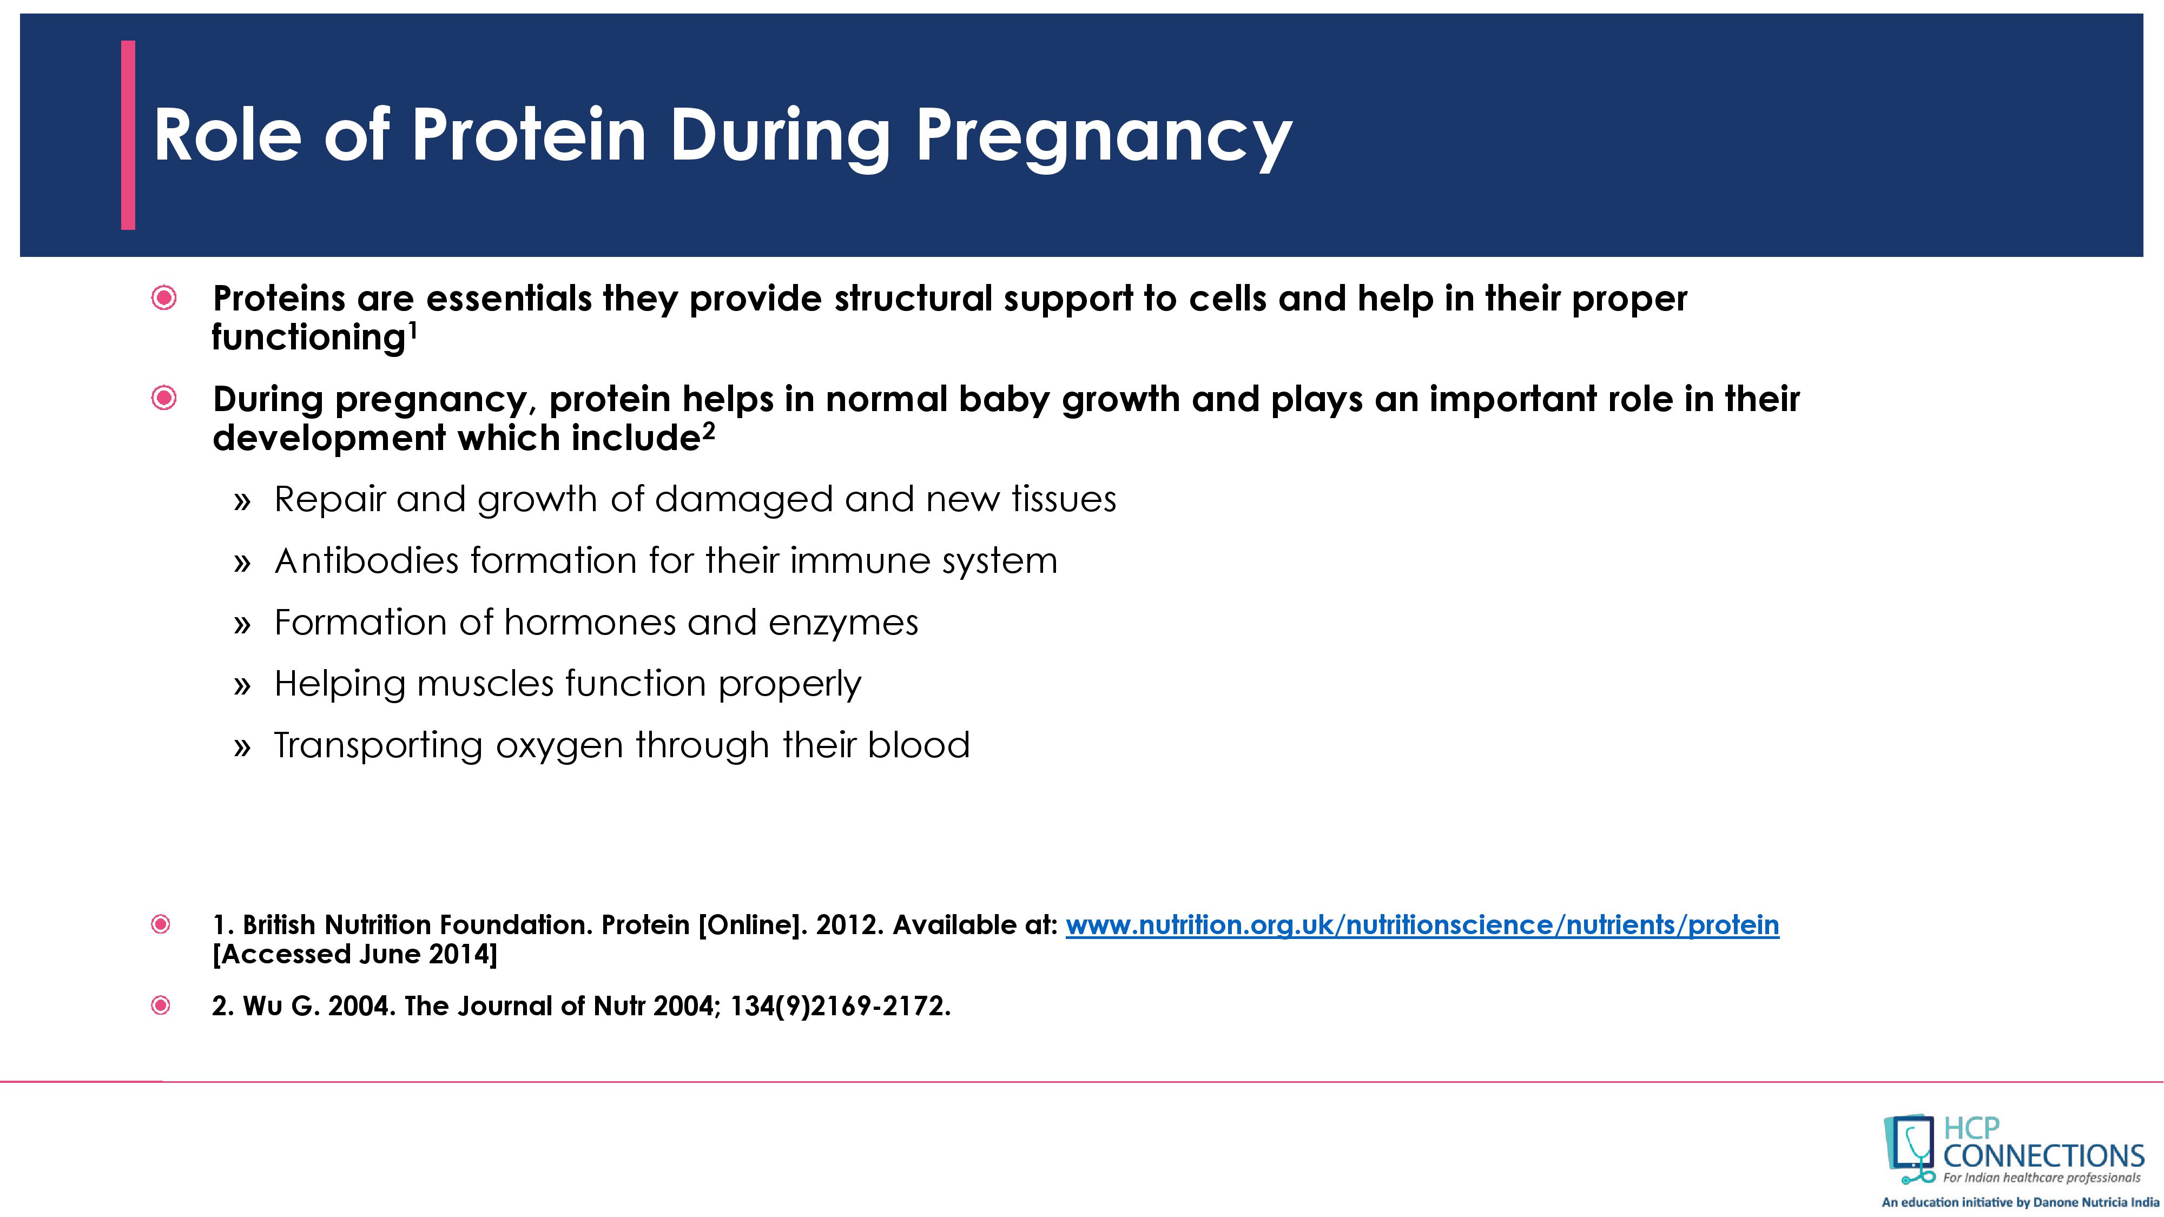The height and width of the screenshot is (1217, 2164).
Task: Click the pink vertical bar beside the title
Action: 128,135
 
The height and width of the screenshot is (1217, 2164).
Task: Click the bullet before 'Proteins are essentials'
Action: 164,298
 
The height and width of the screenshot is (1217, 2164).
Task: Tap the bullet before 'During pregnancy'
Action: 164,398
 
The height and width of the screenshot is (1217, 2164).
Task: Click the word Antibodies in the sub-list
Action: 366,560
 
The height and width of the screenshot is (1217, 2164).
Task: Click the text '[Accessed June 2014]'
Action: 354,954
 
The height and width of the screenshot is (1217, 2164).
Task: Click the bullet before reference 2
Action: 161,1006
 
